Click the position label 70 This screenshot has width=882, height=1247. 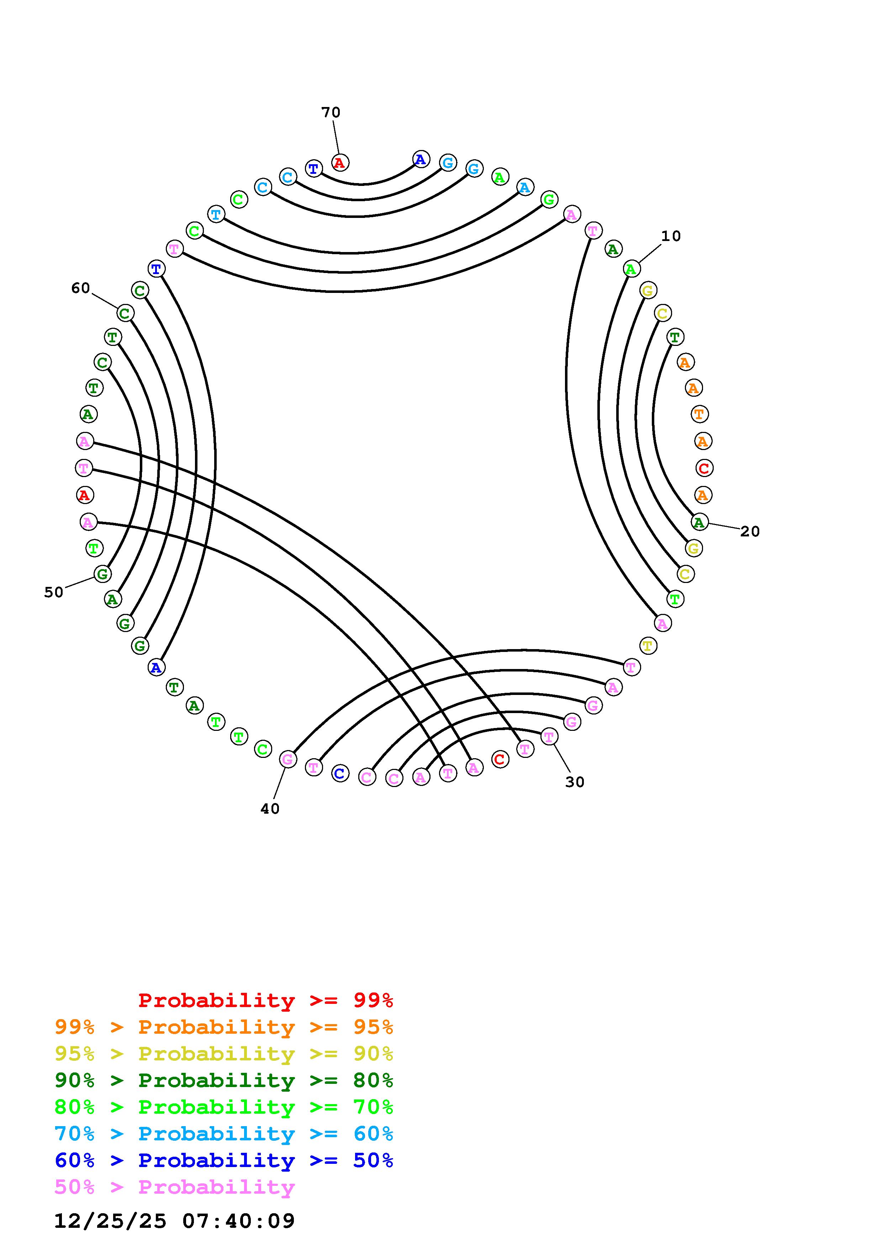pos(331,112)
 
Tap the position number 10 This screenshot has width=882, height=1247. pos(671,236)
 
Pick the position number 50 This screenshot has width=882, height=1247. pos(54,593)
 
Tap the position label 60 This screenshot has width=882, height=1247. pos(80,288)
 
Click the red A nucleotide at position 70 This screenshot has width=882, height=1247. pos(340,162)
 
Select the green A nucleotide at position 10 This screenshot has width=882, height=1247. pos(631,268)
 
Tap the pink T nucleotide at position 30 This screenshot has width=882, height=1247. pos(549,737)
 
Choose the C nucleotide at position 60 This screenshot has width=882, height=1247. pos(125,314)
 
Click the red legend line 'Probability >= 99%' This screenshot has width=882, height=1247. pos(266,1000)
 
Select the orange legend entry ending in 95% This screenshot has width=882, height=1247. pos(224,1027)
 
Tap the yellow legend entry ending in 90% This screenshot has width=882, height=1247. pos(224,1054)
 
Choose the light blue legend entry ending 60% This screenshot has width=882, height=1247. pos(224,1134)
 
